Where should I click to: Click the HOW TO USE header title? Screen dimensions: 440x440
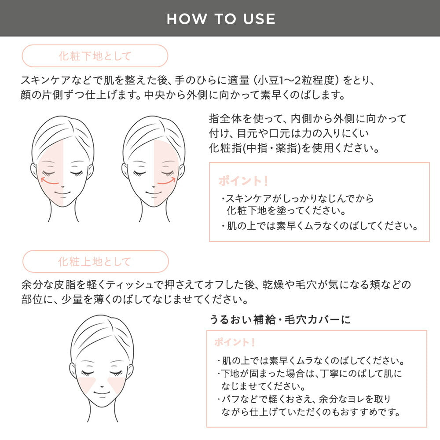point(221,18)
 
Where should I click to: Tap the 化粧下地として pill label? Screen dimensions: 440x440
point(95,56)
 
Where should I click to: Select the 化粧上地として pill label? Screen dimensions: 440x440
point(95,262)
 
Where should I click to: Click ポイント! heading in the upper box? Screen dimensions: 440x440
point(243,181)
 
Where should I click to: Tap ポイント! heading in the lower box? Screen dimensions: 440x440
point(235,342)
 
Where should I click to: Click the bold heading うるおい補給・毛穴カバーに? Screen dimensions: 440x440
point(280,319)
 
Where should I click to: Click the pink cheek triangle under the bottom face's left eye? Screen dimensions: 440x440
point(88,384)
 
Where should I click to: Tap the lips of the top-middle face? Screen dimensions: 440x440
point(154,192)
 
